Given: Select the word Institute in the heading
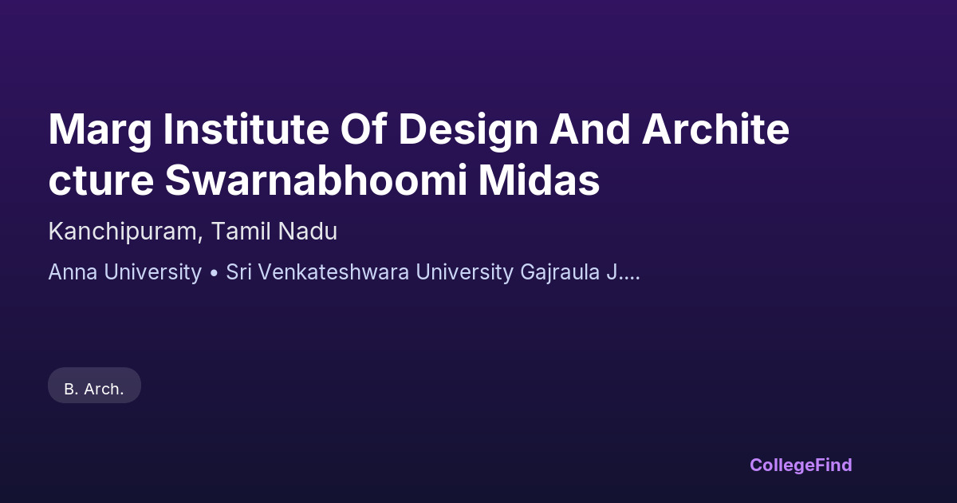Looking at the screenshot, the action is click(246, 129).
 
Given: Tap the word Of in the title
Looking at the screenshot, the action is click(364, 129).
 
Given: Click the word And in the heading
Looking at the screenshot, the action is click(590, 129).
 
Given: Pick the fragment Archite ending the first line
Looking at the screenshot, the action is click(715, 129).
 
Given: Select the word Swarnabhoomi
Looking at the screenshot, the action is click(316, 180).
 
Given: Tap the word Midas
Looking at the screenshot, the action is click(539, 180).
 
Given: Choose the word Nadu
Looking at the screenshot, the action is click(308, 231).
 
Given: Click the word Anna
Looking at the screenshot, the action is click(73, 272).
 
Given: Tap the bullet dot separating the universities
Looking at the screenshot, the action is click(214, 273).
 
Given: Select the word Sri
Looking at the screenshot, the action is click(238, 272).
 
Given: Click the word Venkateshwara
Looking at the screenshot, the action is click(333, 272).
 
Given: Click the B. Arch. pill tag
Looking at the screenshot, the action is click(94, 386).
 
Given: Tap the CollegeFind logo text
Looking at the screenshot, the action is click(801, 465).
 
